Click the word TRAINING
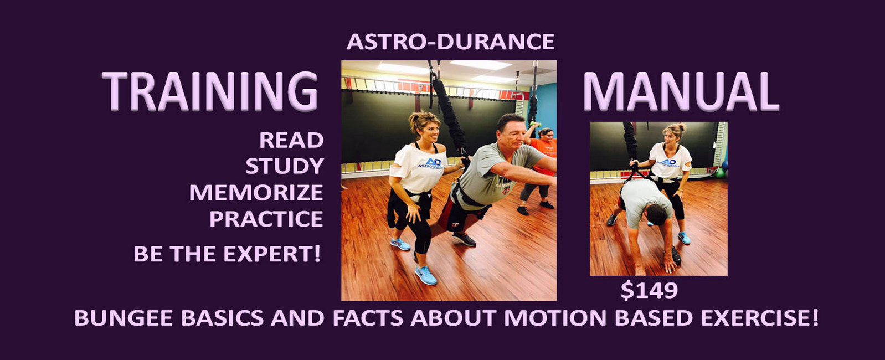pyautogui.click(x=210, y=92)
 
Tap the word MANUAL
pyautogui.click(x=681, y=92)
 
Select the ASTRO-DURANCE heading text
pyautogui.click(x=450, y=42)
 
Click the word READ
pyautogui.click(x=291, y=140)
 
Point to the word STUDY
pyautogui.click(x=285, y=166)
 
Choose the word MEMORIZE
pyautogui.click(x=256, y=192)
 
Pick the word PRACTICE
pyautogui.click(x=266, y=219)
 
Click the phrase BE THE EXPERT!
pyautogui.click(x=227, y=254)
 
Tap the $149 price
pyautogui.click(x=649, y=290)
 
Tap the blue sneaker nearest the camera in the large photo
pyautogui.click(x=426, y=275)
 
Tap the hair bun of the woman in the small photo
pyautogui.click(x=680, y=127)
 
